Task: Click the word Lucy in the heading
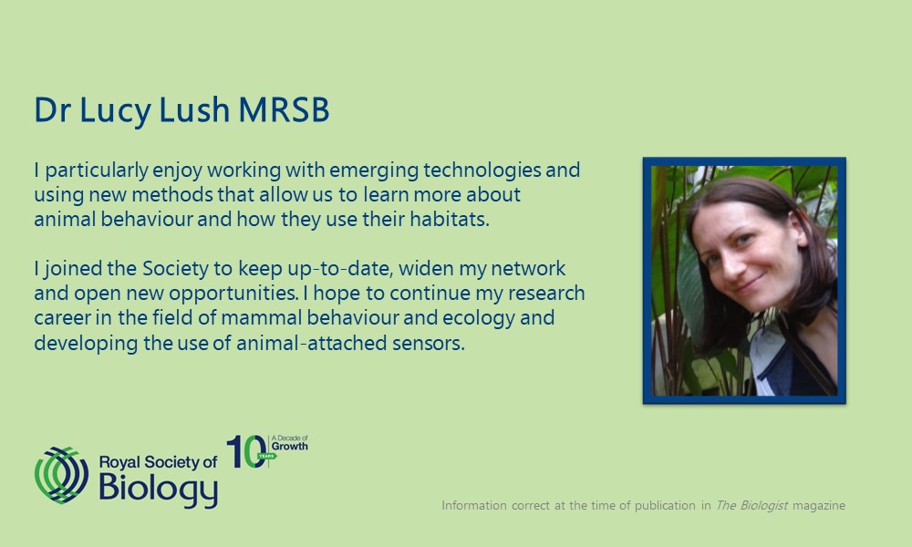tap(115, 110)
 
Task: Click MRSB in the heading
tap(284, 109)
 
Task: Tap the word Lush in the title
tap(194, 109)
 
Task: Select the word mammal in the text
tap(261, 318)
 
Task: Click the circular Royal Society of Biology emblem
tap(61, 475)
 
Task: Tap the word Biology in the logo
tap(158, 489)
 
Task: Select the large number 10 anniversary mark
tap(246, 451)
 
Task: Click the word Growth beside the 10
tap(290, 447)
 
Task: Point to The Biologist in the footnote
tap(751, 505)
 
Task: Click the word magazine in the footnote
tap(819, 506)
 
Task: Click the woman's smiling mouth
tap(749, 284)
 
